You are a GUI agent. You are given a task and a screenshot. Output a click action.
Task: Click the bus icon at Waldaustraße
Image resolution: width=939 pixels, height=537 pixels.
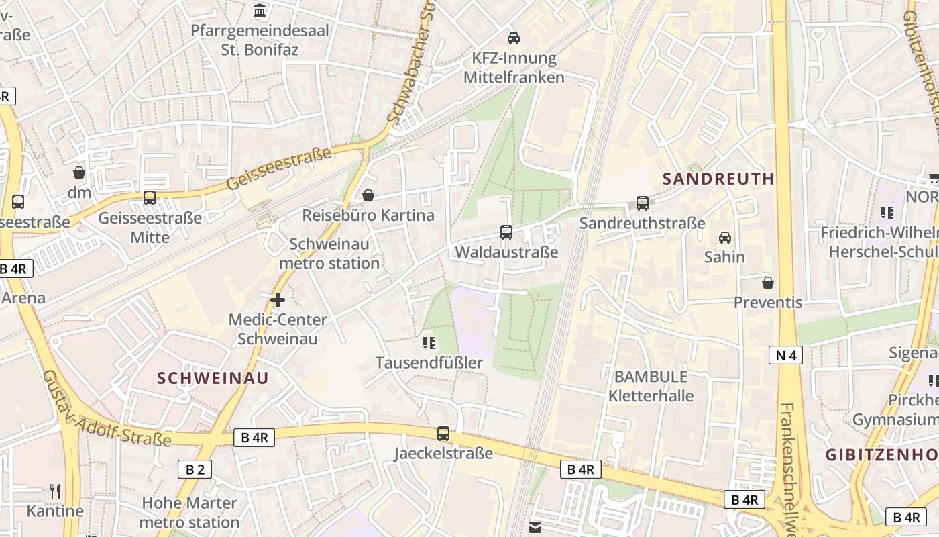(506, 232)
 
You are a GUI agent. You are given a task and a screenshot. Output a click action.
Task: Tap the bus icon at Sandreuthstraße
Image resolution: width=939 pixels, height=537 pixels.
(642, 203)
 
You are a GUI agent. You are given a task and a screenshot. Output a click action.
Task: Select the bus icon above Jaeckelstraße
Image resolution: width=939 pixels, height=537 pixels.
(443, 434)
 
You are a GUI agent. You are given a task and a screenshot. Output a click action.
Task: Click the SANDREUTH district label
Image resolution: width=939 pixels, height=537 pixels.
(718, 179)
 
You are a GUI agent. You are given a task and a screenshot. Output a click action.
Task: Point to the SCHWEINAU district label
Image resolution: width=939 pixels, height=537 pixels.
(213, 378)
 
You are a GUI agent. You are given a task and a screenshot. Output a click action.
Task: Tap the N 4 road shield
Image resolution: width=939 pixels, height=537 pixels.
(785, 355)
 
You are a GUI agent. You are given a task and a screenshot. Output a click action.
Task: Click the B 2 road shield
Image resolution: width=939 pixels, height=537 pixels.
(195, 469)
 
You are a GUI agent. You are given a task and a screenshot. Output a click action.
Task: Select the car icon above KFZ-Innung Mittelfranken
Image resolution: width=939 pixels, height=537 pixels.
(514, 38)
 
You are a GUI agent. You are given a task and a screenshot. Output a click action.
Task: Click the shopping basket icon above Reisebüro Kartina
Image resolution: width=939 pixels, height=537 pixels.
(368, 195)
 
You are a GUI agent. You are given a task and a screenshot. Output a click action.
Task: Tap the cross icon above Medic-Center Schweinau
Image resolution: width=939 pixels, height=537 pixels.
(278, 300)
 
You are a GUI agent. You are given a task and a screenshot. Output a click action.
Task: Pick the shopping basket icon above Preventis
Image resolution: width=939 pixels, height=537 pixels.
(768, 283)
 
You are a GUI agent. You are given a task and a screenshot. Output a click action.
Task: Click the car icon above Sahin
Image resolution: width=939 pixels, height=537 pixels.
(725, 237)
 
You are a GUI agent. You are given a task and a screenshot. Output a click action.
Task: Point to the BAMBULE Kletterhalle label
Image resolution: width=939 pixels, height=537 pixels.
(651, 386)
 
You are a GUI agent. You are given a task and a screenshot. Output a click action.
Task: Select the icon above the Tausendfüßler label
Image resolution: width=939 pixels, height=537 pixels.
(429, 344)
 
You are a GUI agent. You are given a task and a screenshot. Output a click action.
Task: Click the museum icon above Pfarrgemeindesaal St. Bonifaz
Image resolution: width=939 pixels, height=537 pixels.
(260, 11)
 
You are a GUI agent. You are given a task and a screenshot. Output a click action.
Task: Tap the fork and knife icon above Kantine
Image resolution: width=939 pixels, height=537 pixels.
(55, 491)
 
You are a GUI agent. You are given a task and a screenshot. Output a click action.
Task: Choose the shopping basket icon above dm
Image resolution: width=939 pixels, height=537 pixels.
(79, 173)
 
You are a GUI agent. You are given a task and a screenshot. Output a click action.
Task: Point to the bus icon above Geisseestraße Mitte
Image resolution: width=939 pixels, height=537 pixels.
(150, 198)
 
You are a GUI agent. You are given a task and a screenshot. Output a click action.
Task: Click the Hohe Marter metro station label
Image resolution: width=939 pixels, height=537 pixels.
(189, 512)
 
